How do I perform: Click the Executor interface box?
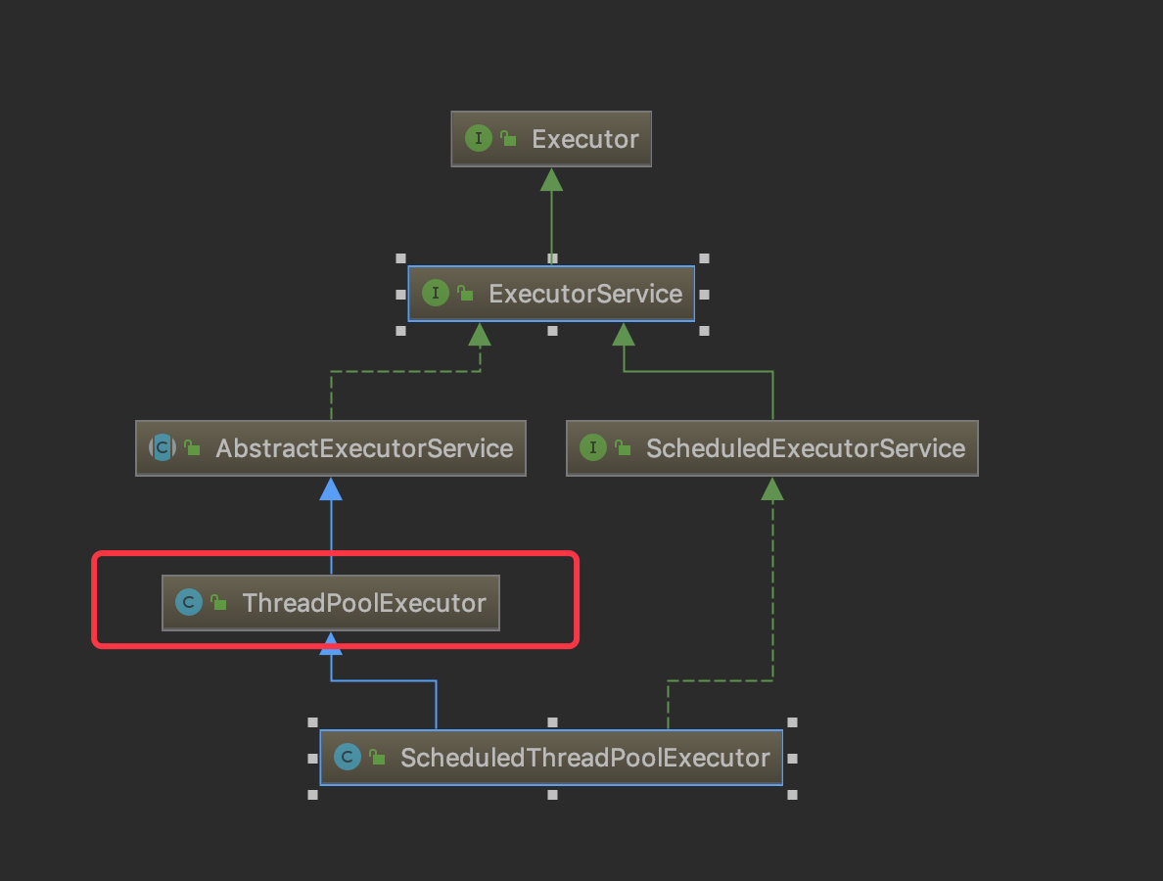[551, 139]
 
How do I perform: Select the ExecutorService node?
[551, 294]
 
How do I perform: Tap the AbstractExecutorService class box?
[331, 448]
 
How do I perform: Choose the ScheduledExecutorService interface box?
[772, 448]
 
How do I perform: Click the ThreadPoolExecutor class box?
[331, 603]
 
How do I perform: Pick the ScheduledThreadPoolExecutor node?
[551, 757]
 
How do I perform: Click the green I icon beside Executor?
[479, 138]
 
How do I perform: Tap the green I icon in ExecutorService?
[436, 293]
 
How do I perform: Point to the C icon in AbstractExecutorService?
[163, 447]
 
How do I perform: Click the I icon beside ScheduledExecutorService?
[592, 447]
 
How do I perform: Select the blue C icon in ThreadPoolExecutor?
[189, 602]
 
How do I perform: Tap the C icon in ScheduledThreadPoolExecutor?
[348, 757]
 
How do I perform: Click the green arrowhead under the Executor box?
[551, 179]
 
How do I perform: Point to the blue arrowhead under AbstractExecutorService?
[331, 488]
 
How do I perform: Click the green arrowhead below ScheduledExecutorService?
[772, 488]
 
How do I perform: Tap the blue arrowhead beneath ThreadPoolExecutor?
[331, 644]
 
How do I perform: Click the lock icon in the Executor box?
[508, 138]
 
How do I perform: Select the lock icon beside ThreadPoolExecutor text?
[219, 602]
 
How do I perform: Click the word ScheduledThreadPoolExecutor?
[585, 758]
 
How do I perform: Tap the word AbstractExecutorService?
[364, 448]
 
